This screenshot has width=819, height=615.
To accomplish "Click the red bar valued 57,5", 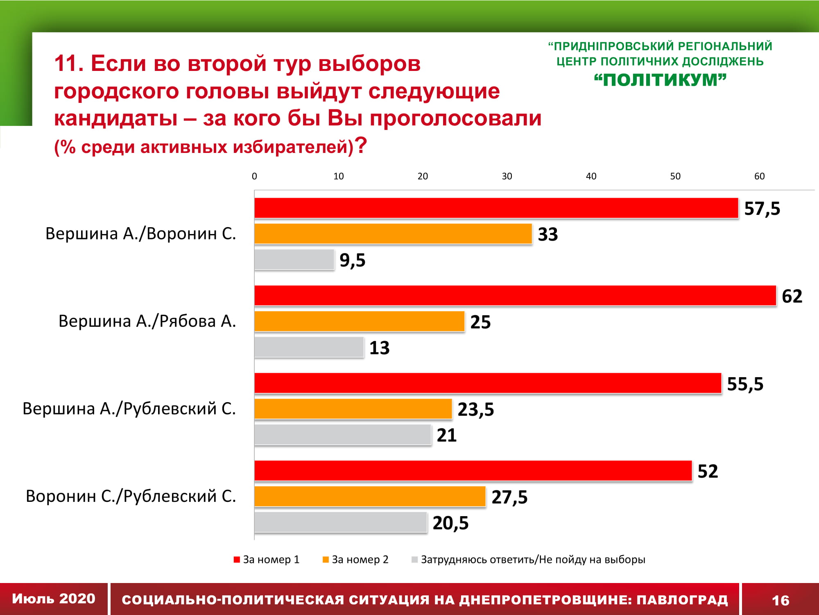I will [x=496, y=208].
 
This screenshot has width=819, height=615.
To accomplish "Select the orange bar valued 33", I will [x=393, y=234].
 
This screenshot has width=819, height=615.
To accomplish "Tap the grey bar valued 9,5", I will [x=294, y=260].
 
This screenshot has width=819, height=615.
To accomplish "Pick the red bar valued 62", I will [x=515, y=296].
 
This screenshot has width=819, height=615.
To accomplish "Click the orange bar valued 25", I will [x=360, y=321].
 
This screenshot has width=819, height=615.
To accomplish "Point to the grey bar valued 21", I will [x=343, y=435].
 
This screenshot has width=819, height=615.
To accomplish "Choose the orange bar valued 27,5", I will [x=370, y=497].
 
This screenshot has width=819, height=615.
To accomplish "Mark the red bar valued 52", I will [x=473, y=471].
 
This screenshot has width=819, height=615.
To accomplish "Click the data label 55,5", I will [x=745, y=384].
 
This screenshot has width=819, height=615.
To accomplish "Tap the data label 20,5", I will [x=450, y=523].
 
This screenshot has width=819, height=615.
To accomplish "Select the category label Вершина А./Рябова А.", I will [x=147, y=321].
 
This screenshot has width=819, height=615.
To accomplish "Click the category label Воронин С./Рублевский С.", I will [x=131, y=496].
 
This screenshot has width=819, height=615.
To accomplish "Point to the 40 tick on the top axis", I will [x=591, y=176].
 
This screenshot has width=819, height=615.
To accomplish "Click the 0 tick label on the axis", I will [x=254, y=176].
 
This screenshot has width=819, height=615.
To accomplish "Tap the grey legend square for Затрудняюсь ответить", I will [x=414, y=560].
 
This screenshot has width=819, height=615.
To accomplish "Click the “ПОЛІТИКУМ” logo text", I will [x=660, y=80].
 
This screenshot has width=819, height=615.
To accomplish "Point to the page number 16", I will [x=780, y=600].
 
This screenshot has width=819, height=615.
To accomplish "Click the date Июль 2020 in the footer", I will [x=54, y=599].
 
